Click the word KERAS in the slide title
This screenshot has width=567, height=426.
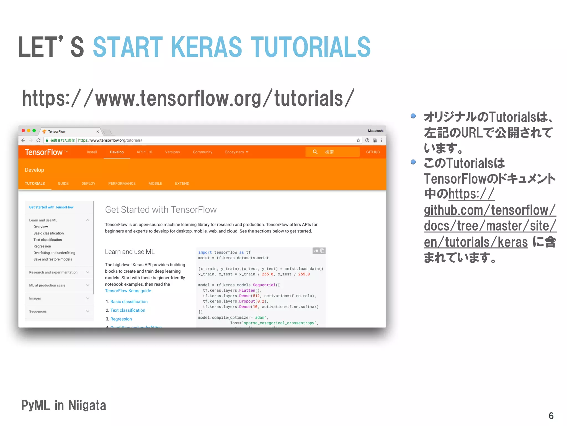[x=206, y=47]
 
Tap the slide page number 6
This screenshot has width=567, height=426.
[x=551, y=416]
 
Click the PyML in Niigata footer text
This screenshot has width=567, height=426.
[x=64, y=405]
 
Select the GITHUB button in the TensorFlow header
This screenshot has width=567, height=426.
[x=373, y=152]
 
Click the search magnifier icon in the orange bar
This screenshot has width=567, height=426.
[x=315, y=152]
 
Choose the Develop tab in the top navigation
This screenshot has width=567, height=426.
[x=117, y=152]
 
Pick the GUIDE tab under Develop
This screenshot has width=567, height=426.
[x=63, y=184]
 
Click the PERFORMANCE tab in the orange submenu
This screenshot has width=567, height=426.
[x=122, y=184]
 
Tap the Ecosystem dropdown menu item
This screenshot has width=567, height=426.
[x=236, y=152]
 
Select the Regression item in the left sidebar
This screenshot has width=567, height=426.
[x=42, y=246]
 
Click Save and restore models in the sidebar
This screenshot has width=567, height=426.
[x=53, y=259]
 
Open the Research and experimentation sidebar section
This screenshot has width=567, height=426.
[x=53, y=272]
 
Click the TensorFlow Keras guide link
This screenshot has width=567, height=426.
[x=128, y=291]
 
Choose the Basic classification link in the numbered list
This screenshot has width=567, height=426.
[x=129, y=301]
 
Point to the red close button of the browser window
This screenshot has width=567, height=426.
[x=24, y=131]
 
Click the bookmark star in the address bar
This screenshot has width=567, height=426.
[x=358, y=140]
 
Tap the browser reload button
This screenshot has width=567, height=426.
[x=38, y=140]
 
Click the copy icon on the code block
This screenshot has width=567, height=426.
[x=322, y=251]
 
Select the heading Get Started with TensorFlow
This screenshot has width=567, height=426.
[x=161, y=210]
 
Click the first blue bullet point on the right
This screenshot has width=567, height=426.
[x=413, y=116]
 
